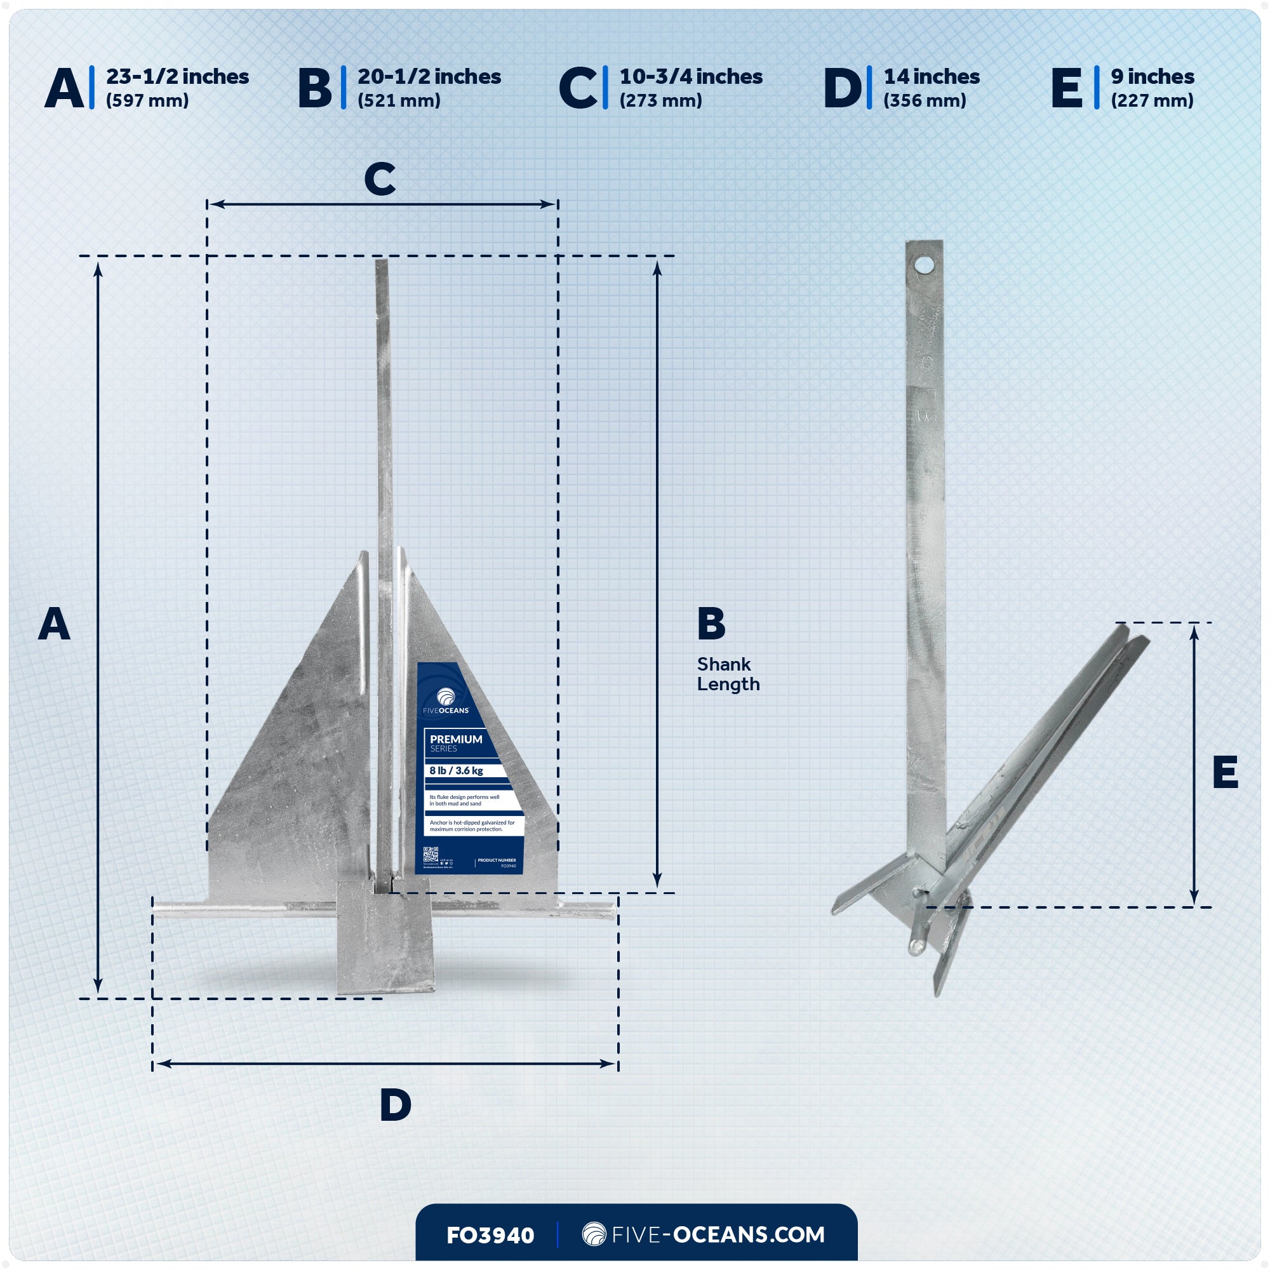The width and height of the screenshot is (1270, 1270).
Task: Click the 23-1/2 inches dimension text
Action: (178, 77)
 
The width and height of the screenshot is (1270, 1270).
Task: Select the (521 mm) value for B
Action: (399, 100)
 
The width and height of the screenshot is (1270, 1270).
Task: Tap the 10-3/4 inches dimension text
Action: (691, 77)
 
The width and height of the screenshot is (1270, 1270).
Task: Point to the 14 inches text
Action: (932, 77)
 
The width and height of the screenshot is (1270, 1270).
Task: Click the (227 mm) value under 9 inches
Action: (1152, 100)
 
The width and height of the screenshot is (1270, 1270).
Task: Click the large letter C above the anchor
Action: (380, 179)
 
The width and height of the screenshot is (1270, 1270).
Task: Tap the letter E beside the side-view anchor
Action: (1225, 772)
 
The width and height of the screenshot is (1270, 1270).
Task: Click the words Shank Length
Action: (728, 674)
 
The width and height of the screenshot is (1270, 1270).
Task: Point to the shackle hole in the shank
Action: (924, 265)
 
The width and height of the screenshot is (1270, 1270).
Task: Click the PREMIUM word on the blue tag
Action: (455, 739)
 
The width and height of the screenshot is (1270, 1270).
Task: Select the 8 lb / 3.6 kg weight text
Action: (456, 770)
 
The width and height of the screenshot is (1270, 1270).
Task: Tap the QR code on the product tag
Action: (431, 855)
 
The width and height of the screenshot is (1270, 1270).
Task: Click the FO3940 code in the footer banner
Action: (490, 1235)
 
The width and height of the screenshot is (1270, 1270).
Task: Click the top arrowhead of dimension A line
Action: (98, 268)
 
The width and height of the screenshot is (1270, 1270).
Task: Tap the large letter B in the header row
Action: (314, 88)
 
